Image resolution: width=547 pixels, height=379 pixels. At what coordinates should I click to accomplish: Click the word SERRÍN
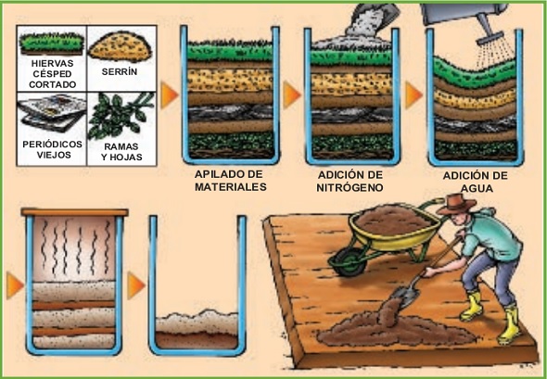pos(120,71)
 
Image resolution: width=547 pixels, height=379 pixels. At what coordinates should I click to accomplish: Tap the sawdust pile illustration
pos(120,46)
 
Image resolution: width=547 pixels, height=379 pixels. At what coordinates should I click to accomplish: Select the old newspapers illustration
pos(52,113)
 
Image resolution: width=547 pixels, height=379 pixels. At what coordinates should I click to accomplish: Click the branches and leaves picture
pos(121,116)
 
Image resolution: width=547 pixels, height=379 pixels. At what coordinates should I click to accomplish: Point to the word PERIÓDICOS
pos(52,144)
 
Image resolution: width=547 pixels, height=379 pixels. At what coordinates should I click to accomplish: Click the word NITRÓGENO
pos(350,187)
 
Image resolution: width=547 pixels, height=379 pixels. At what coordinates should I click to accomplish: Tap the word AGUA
pos(477,188)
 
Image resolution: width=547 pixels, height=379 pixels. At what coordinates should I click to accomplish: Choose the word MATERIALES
pos(231,187)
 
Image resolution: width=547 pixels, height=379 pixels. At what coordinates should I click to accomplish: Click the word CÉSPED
pos(52,74)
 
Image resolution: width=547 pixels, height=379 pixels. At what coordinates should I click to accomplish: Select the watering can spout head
pos(490,38)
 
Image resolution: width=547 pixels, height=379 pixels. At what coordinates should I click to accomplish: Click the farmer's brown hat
pos(456,204)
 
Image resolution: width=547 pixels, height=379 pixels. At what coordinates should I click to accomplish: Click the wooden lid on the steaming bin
pos(75,212)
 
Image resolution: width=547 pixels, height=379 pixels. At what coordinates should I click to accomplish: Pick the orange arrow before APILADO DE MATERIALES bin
pos(170,95)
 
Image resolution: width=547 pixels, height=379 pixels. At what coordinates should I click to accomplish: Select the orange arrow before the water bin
pos(413,95)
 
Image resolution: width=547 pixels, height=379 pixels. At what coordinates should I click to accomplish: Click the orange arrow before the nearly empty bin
pos(136,285)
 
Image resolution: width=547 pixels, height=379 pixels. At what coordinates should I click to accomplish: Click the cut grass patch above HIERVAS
pos(52,44)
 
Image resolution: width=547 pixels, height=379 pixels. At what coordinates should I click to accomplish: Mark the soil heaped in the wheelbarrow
pos(393,221)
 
